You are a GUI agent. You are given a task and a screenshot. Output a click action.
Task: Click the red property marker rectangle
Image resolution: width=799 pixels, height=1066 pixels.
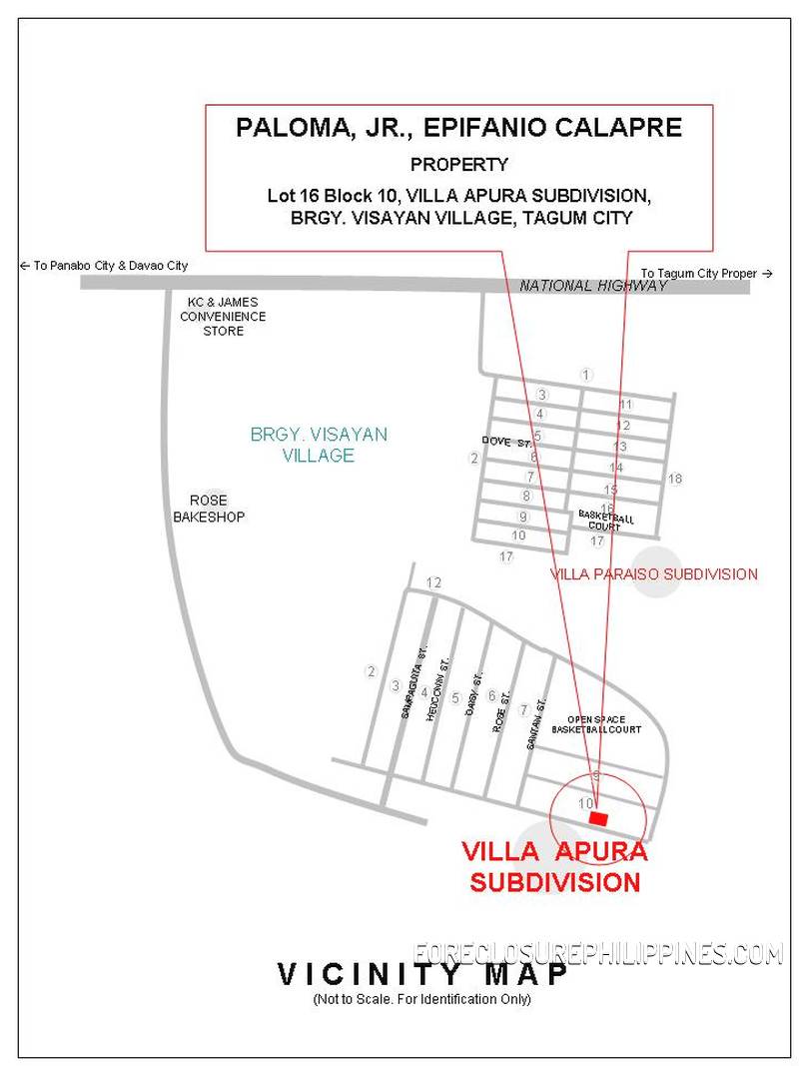(x=598, y=818)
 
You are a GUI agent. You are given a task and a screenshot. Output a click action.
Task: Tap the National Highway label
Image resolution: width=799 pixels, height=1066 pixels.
(x=593, y=286)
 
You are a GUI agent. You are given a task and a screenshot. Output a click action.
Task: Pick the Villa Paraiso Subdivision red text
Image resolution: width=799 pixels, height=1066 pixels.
(x=654, y=574)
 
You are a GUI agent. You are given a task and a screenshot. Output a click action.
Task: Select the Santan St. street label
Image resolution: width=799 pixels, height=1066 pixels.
(x=535, y=724)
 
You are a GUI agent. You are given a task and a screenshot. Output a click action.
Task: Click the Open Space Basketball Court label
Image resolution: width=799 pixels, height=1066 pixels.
(x=603, y=724)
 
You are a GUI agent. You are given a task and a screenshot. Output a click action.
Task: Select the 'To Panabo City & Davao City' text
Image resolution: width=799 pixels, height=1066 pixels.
(x=103, y=266)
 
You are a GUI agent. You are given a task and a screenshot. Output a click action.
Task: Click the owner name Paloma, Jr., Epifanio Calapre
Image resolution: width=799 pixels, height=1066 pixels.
(x=458, y=128)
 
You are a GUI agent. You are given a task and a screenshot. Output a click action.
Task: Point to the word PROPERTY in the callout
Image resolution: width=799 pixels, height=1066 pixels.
(x=458, y=165)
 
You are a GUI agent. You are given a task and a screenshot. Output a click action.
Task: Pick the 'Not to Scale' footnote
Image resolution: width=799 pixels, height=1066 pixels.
(x=421, y=999)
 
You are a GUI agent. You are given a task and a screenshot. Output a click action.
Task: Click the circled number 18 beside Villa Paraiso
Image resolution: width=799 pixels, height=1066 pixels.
(x=675, y=480)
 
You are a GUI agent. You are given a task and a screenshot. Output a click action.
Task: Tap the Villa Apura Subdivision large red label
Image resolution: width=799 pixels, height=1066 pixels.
(x=554, y=867)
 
